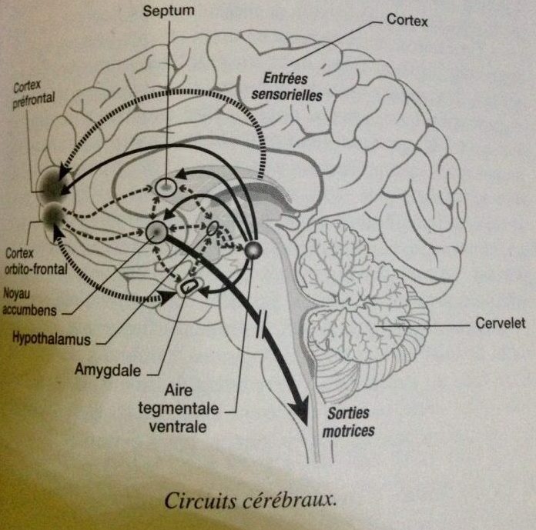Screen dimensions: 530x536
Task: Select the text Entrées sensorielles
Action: click(291, 87)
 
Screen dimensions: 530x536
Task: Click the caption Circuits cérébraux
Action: click(251, 501)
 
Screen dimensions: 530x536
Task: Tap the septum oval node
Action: click(167, 185)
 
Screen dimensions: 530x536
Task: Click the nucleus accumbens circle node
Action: click(157, 231)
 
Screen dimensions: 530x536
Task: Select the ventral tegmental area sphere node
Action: click(253, 249)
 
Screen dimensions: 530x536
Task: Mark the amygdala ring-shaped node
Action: click(188, 287)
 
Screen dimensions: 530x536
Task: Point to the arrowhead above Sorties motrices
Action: click(300, 408)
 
